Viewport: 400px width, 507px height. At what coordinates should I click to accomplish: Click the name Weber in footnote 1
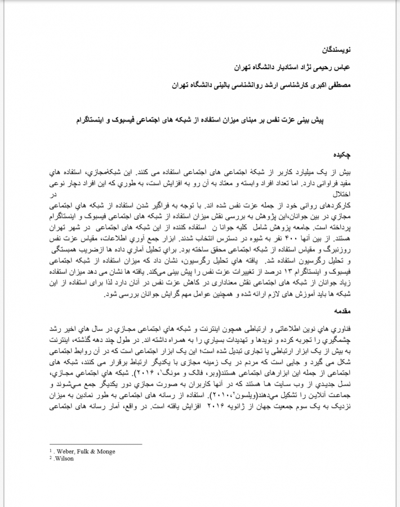pos(66,451)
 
